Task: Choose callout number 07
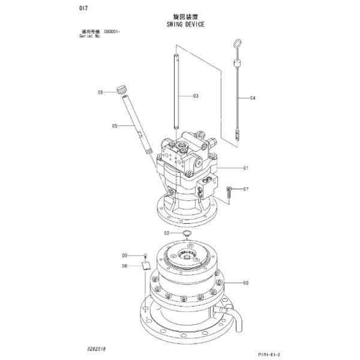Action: click(245, 189)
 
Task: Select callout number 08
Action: click(125, 265)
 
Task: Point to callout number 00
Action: click(245, 283)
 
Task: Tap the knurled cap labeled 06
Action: click(123, 90)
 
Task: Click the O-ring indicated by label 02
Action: click(187, 233)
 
